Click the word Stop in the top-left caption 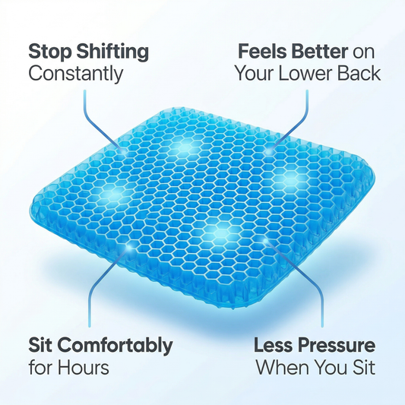(x=51, y=52)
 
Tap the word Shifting (x=112, y=53)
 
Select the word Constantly (x=75, y=74)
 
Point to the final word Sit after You (x=362, y=368)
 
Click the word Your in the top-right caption (x=257, y=74)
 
